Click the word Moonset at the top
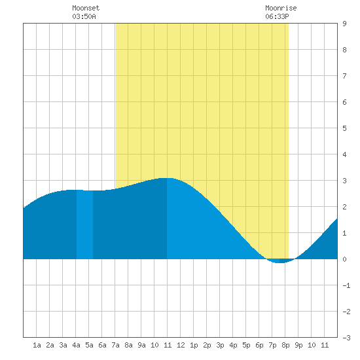pyautogui.click(x=86, y=8)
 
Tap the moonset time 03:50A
pyautogui.click(x=84, y=16)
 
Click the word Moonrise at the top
pyautogui.click(x=281, y=8)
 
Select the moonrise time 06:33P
pyautogui.click(x=277, y=16)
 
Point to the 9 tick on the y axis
pyautogui.click(x=344, y=24)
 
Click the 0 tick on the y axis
pyautogui.click(x=344, y=259)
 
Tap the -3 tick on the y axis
pyautogui.click(x=346, y=338)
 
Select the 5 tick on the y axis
pyautogui.click(x=344, y=128)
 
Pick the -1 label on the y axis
pyautogui.click(x=346, y=285)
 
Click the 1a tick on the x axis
pyautogui.click(x=37, y=345)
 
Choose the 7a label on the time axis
pyautogui.click(x=115, y=345)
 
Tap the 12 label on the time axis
pyautogui.click(x=181, y=345)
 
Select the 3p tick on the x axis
pyautogui.click(x=220, y=345)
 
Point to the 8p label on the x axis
pyautogui.click(x=285, y=345)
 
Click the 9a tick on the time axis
pyautogui.click(x=141, y=345)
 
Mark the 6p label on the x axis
pyautogui.click(x=259, y=345)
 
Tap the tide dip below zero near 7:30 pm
pyautogui.click(x=280, y=262)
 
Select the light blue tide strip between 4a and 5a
pyautogui.click(x=84, y=225)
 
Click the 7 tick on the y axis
pyautogui.click(x=344, y=76)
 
